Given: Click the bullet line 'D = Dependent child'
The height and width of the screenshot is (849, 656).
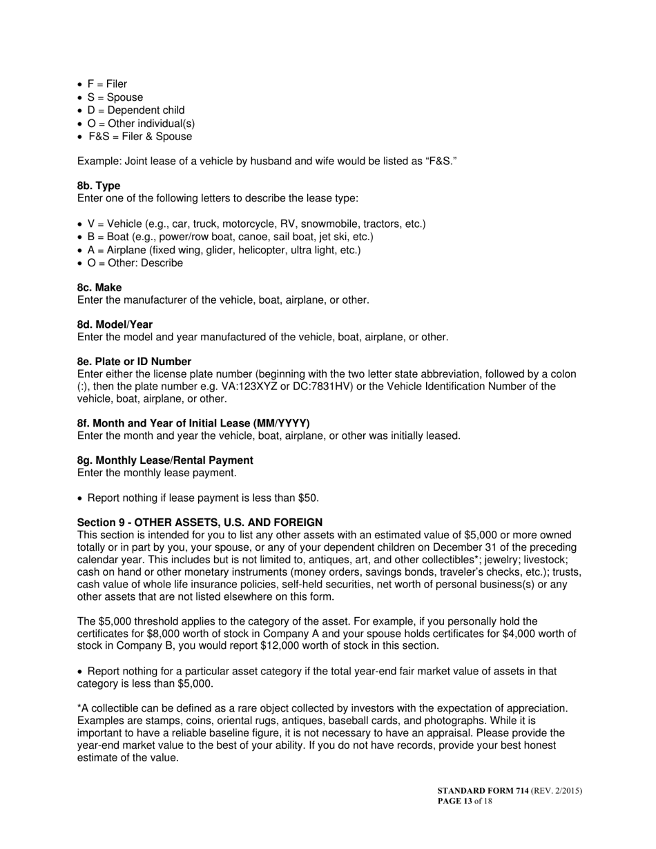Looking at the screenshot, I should click(x=135, y=110).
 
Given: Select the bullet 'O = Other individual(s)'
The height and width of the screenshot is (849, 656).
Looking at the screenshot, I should click(x=141, y=124).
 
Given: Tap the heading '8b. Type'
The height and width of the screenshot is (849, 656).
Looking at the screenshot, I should click(x=99, y=186).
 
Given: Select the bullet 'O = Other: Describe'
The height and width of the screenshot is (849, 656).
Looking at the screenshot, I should click(x=135, y=263).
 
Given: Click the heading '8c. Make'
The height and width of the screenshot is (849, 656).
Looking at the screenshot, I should click(x=99, y=287).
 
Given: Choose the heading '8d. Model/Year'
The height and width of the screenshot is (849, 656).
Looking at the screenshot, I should click(x=115, y=324).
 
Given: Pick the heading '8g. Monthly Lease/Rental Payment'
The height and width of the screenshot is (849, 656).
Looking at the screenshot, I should click(x=165, y=460).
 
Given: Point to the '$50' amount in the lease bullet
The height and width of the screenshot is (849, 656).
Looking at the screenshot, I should click(x=308, y=498).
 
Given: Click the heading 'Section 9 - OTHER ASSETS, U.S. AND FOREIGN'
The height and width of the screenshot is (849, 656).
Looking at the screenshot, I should click(x=200, y=523).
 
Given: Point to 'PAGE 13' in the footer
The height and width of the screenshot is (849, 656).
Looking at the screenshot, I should click(x=454, y=801).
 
